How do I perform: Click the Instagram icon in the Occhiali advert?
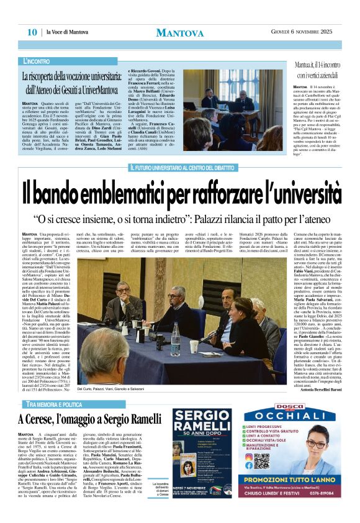tap(249, 457)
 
